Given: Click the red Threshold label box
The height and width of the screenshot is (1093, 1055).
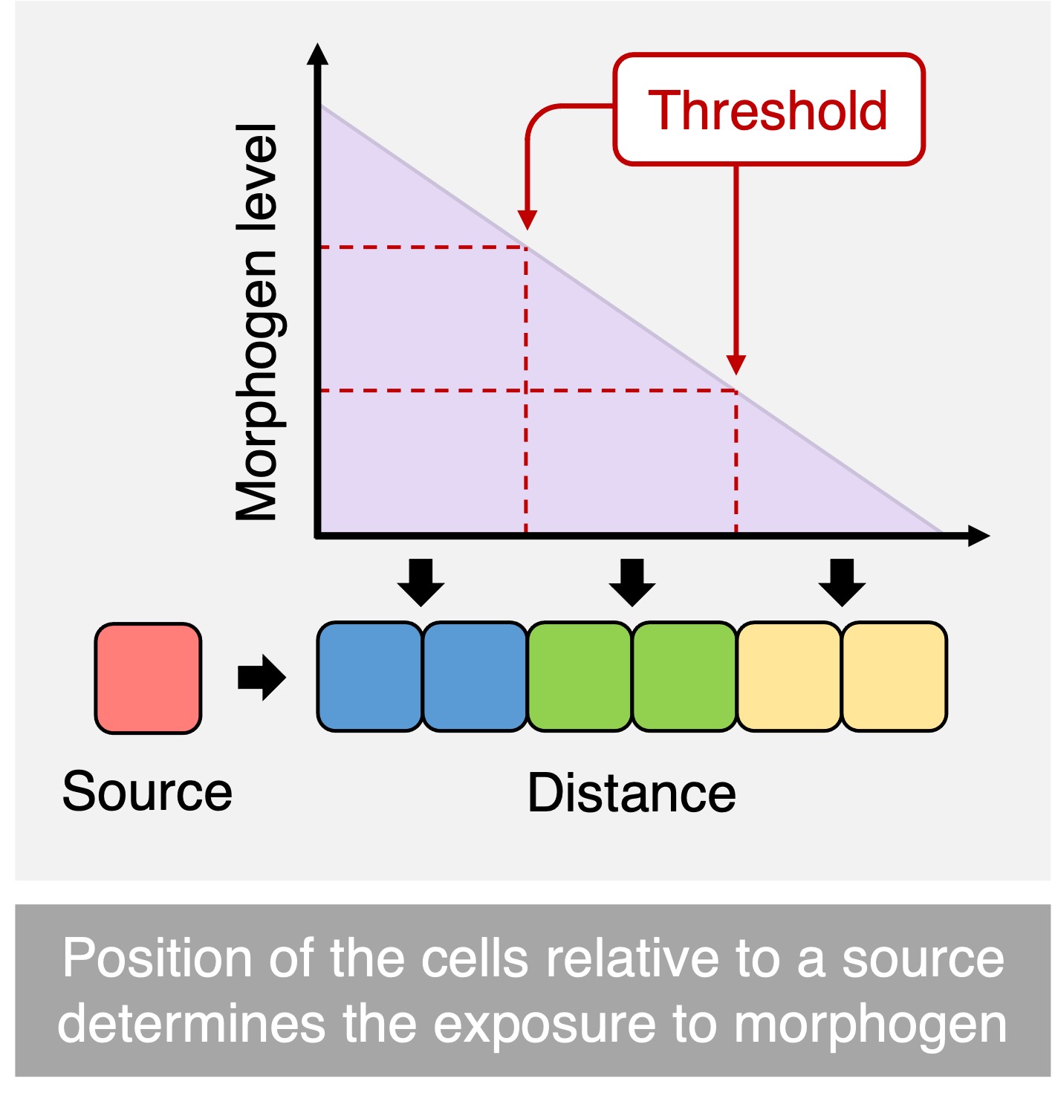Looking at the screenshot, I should (768, 110).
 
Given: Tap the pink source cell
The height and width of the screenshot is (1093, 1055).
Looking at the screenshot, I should (148, 678).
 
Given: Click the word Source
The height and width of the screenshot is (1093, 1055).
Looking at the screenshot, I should (147, 791).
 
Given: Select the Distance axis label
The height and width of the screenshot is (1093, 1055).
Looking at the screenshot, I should (632, 794).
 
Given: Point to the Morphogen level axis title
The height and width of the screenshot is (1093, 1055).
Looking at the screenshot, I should (257, 322).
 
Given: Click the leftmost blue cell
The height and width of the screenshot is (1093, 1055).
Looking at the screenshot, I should (369, 676).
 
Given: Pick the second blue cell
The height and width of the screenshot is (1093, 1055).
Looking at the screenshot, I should (475, 676).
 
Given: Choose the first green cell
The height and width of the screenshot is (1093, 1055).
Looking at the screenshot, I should (580, 676).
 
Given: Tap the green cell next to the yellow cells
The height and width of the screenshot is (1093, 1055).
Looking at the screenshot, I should (684, 676).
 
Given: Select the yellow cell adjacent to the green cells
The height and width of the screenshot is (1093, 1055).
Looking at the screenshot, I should (789, 676).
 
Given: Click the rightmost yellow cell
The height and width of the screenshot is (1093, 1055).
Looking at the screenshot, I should (894, 676).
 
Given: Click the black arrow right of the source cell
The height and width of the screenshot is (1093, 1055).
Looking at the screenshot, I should (262, 677).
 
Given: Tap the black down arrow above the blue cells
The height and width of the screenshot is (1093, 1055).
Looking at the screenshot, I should (421, 583).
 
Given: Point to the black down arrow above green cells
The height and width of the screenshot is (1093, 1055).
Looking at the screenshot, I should (632, 583).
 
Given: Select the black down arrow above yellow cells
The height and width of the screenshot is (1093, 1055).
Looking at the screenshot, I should (842, 583).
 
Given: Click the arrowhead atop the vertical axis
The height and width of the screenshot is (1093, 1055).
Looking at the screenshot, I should (317, 55).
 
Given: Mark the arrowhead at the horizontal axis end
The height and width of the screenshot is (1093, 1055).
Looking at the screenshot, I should (978, 535).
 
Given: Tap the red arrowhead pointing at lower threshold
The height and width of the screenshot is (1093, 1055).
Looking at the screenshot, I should (736, 365).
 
